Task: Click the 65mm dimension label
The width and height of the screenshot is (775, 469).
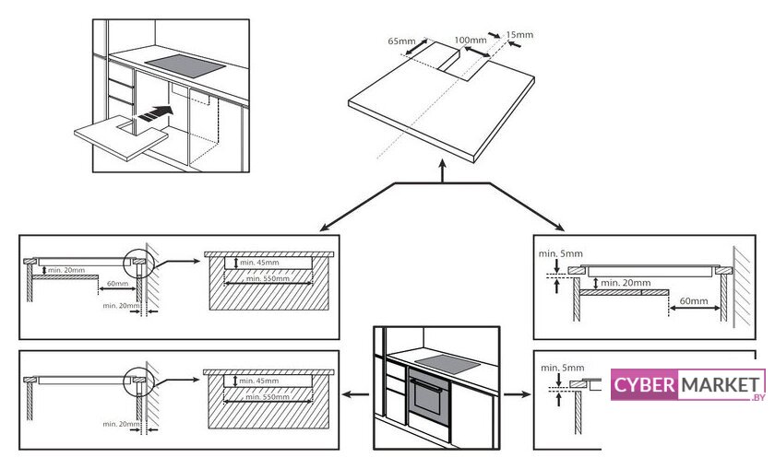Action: click(x=401, y=41)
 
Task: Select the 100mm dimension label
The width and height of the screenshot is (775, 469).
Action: click(x=471, y=41)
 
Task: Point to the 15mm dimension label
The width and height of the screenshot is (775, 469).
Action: click(x=519, y=35)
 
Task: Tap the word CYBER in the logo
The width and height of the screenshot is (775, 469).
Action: click(x=644, y=385)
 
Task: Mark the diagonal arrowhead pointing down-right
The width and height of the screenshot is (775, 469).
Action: click(x=562, y=228)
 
